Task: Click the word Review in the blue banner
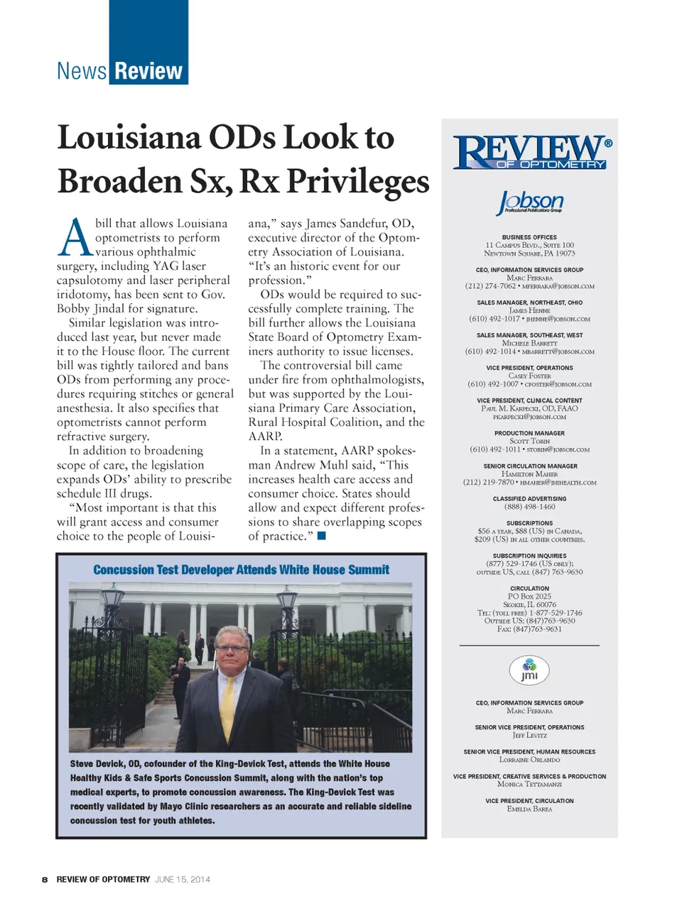pyautogui.click(x=148, y=71)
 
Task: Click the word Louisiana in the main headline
pyautogui.click(x=129, y=138)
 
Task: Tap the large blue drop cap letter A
pyautogui.click(x=75, y=237)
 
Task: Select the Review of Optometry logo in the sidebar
pyautogui.click(x=532, y=152)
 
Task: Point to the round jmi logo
pyautogui.click(x=529, y=670)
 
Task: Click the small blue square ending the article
pyautogui.click(x=321, y=536)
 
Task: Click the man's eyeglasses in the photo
pyautogui.click(x=232, y=648)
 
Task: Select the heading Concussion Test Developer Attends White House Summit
pyautogui.click(x=241, y=569)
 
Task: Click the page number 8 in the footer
pyautogui.click(x=45, y=880)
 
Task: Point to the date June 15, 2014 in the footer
pyautogui.click(x=183, y=880)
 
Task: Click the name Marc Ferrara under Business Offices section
pyautogui.click(x=529, y=278)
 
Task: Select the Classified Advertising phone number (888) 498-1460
pyautogui.click(x=529, y=507)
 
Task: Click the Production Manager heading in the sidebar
pyautogui.click(x=529, y=433)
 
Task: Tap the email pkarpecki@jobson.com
pyautogui.click(x=529, y=417)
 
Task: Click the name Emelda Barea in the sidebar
pyautogui.click(x=529, y=809)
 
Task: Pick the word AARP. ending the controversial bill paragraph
pyautogui.click(x=265, y=437)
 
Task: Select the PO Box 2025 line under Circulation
pyautogui.click(x=529, y=596)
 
